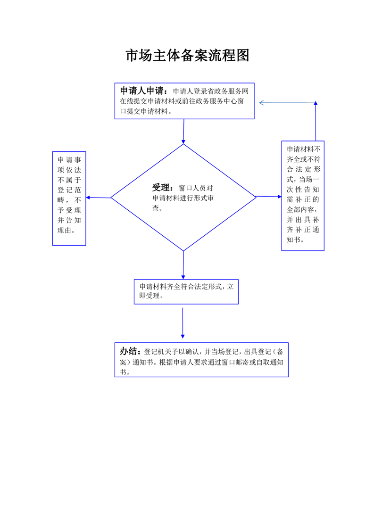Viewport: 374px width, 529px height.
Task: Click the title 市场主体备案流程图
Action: (187, 55)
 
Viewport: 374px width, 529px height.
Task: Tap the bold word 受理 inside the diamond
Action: (161, 188)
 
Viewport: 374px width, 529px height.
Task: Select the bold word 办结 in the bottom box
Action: (128, 351)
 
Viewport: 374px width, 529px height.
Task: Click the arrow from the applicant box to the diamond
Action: (183, 132)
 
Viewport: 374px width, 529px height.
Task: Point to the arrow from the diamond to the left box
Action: (98, 198)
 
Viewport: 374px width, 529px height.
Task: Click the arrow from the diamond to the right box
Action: (269, 196)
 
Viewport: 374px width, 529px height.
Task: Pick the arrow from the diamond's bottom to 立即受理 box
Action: (183, 265)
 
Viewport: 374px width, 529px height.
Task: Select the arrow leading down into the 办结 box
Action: (183, 323)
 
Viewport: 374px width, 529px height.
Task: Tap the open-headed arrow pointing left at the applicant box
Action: (287, 103)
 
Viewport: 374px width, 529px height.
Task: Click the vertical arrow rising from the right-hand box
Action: (316, 121)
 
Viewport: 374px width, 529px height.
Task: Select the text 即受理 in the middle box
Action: (150, 296)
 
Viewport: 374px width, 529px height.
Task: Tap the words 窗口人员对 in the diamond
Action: (196, 188)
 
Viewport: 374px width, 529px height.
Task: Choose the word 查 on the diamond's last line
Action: (156, 208)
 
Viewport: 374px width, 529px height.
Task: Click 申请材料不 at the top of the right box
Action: (303, 149)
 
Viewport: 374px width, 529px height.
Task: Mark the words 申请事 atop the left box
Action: (69, 159)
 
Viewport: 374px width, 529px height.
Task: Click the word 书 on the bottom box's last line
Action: (123, 372)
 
